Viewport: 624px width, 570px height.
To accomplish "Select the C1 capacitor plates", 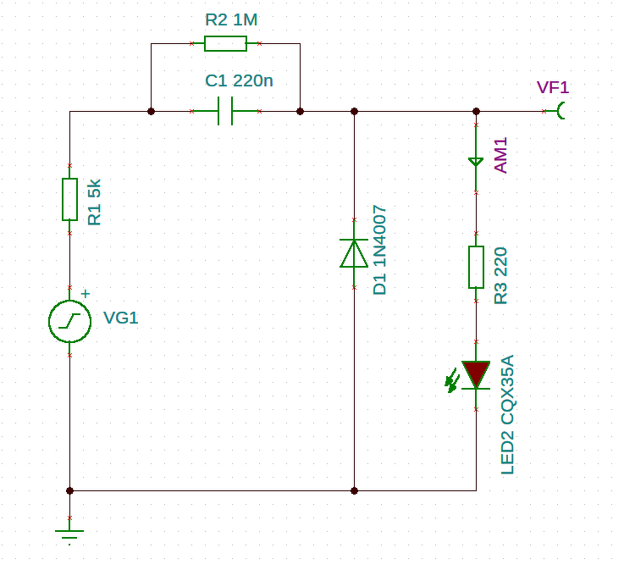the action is [x=225, y=111].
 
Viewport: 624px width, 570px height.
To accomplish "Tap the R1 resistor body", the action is [x=69, y=199].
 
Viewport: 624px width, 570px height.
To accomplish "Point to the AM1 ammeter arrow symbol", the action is [x=476, y=162].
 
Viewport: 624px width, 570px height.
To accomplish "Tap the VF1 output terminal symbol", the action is [x=560, y=111].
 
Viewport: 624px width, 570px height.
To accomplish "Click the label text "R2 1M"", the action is [x=231, y=19].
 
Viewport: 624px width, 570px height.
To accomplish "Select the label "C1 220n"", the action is [x=239, y=80].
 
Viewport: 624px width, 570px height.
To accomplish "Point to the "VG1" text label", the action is [x=120, y=318].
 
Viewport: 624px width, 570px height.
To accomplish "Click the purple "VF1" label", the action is [x=553, y=87].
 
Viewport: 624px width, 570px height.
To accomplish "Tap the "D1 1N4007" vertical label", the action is [x=379, y=250].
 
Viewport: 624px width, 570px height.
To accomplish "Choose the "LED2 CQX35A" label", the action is [x=507, y=414].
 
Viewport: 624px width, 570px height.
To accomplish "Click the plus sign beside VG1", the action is [x=86, y=294].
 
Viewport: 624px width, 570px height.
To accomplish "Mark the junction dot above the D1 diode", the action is [x=354, y=111].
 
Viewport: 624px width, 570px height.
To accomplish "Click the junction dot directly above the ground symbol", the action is [x=69, y=490].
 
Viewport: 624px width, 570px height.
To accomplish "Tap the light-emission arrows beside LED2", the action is [x=452, y=380].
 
